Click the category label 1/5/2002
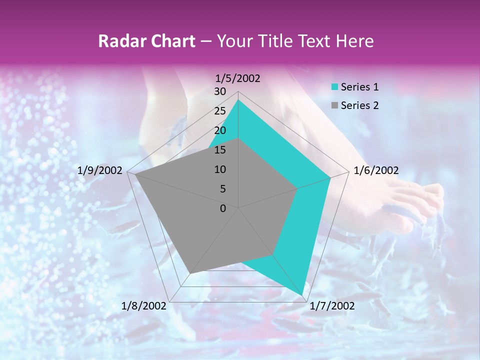237,78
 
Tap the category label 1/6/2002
376,170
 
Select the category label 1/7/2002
332,306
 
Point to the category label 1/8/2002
143,306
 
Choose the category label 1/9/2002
100,170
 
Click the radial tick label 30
220,91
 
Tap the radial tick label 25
220,111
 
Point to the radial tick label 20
220,130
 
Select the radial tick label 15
220,150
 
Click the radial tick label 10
220,169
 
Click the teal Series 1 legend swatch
334,87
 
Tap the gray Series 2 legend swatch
334,105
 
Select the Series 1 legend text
359,87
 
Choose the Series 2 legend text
359,105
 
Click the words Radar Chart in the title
146,41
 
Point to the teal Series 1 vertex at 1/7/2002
302,295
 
